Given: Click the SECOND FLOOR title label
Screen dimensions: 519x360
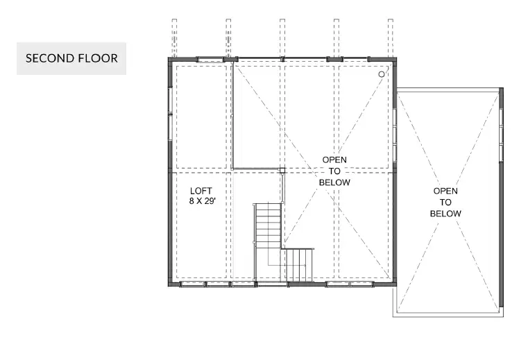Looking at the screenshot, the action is tap(71, 58).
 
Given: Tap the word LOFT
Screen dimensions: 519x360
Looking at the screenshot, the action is tap(201, 191).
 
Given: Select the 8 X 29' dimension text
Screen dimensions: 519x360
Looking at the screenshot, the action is tap(202, 201).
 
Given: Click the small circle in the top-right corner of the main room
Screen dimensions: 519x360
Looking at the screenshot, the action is tap(382, 74).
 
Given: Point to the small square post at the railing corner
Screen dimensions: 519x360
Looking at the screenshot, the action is tap(282, 171).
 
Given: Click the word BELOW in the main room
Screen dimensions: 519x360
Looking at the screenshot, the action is tap(334, 182).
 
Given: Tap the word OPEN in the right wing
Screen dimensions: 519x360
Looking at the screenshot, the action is tap(445, 191).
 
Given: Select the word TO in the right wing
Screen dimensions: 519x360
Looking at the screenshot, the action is tap(445, 202).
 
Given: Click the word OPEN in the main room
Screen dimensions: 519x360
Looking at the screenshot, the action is tap(334, 160).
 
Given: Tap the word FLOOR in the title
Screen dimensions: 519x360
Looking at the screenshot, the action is tap(99, 58).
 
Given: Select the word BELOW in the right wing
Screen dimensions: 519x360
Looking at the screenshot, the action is tap(445, 214).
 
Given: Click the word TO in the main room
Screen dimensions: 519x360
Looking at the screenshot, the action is tap(334, 171).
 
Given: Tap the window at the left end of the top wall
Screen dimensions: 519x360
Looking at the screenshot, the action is tap(210, 60).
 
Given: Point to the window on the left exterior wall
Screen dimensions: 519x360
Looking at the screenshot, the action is tap(171, 114).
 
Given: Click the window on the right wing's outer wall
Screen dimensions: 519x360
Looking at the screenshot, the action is tap(501, 135).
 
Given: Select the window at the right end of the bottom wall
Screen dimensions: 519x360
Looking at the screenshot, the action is tap(350, 284).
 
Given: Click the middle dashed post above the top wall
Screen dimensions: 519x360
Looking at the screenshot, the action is tap(282, 38).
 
